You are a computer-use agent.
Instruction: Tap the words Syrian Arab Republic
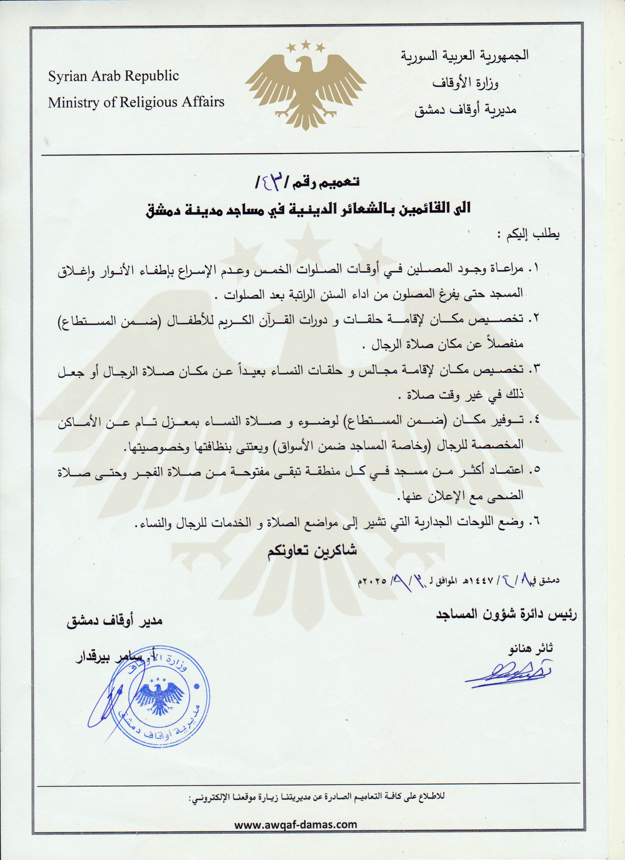click(x=113, y=76)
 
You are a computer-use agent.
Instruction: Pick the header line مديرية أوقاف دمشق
click(x=465, y=110)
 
